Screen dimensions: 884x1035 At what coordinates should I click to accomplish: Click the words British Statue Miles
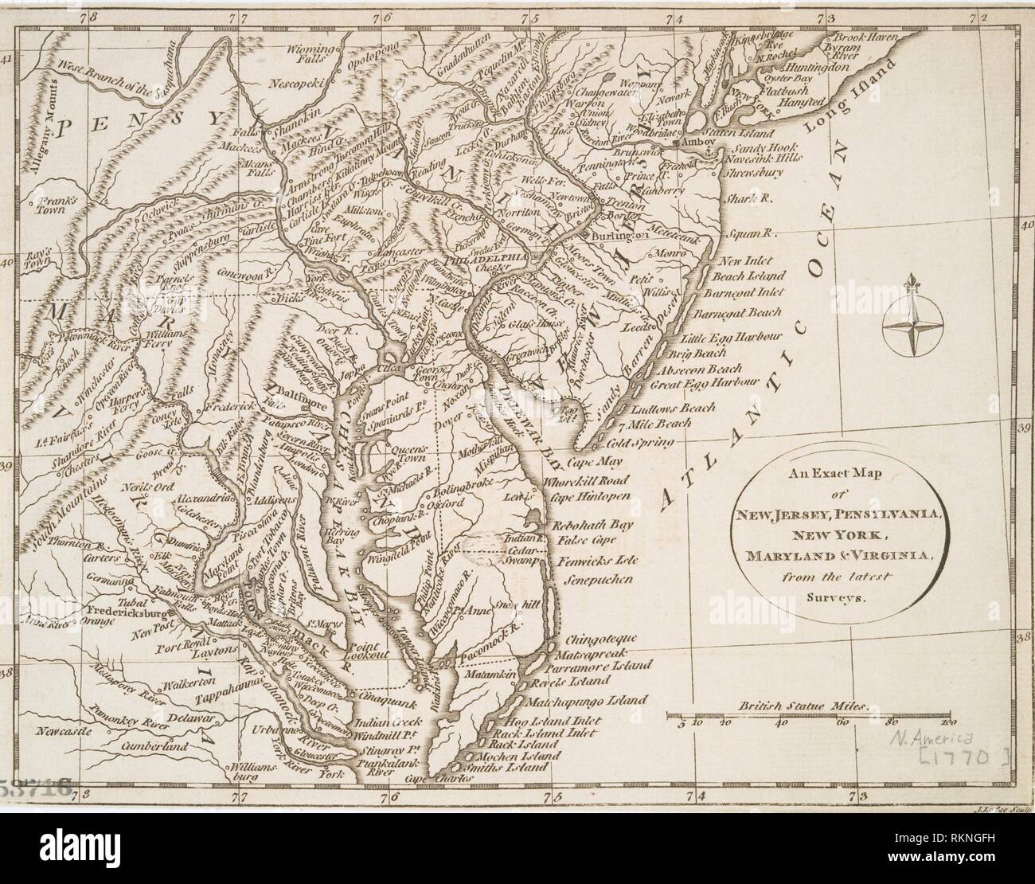(806, 706)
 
